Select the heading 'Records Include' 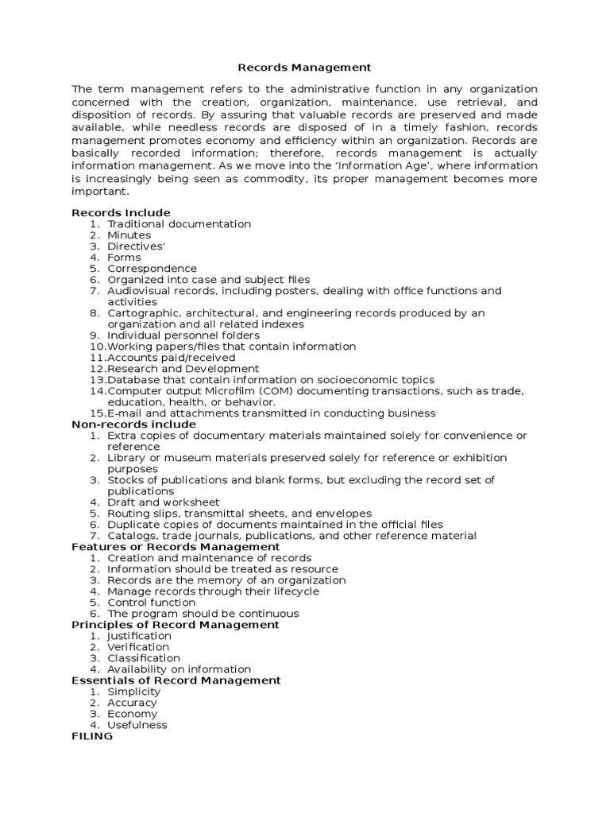(x=121, y=213)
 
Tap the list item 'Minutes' (x=129, y=235)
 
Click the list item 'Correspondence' (x=152, y=269)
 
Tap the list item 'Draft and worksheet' (x=164, y=502)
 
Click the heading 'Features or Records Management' (x=176, y=547)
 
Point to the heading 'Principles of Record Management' (x=176, y=625)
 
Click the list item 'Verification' (x=138, y=647)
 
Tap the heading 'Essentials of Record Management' (x=176, y=680)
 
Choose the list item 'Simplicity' (x=134, y=692)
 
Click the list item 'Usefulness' (x=137, y=725)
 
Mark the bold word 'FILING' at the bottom (x=92, y=736)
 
